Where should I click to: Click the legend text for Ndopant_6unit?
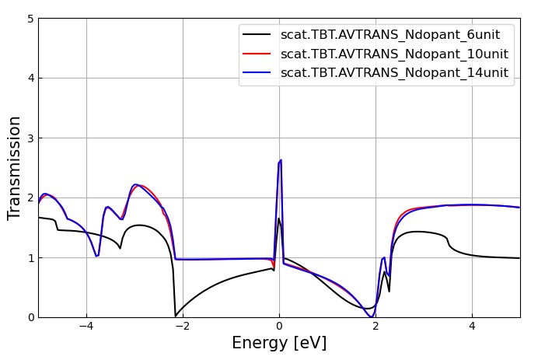pyautogui.click(x=390, y=35)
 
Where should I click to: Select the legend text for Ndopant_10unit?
pyautogui.click(x=394, y=54)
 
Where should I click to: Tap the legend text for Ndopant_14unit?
pyautogui.click(x=394, y=72)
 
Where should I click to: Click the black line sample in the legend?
pyautogui.click(x=257, y=35)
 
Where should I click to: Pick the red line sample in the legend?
pyautogui.click(x=257, y=54)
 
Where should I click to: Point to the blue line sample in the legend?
pyautogui.click(x=257, y=72)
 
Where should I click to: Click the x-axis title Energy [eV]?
pyautogui.click(x=279, y=343)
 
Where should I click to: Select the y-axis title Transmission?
pyautogui.click(x=15, y=167)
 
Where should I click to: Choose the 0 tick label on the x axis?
pyautogui.click(x=279, y=327)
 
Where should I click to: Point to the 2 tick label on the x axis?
pyautogui.click(x=376, y=327)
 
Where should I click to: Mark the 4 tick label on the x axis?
pyautogui.click(x=472, y=327)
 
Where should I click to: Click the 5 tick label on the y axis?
pyautogui.click(x=30, y=19)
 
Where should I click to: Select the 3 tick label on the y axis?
pyautogui.click(x=30, y=138)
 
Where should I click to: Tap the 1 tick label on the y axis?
pyautogui.click(x=30, y=257)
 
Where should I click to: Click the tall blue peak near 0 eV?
pyautogui.click(x=280, y=160)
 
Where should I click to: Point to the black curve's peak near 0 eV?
pyautogui.click(x=279, y=218)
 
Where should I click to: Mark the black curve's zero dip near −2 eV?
pyautogui.click(x=176, y=316)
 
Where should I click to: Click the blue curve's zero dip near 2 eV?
pyautogui.click(x=372, y=316)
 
